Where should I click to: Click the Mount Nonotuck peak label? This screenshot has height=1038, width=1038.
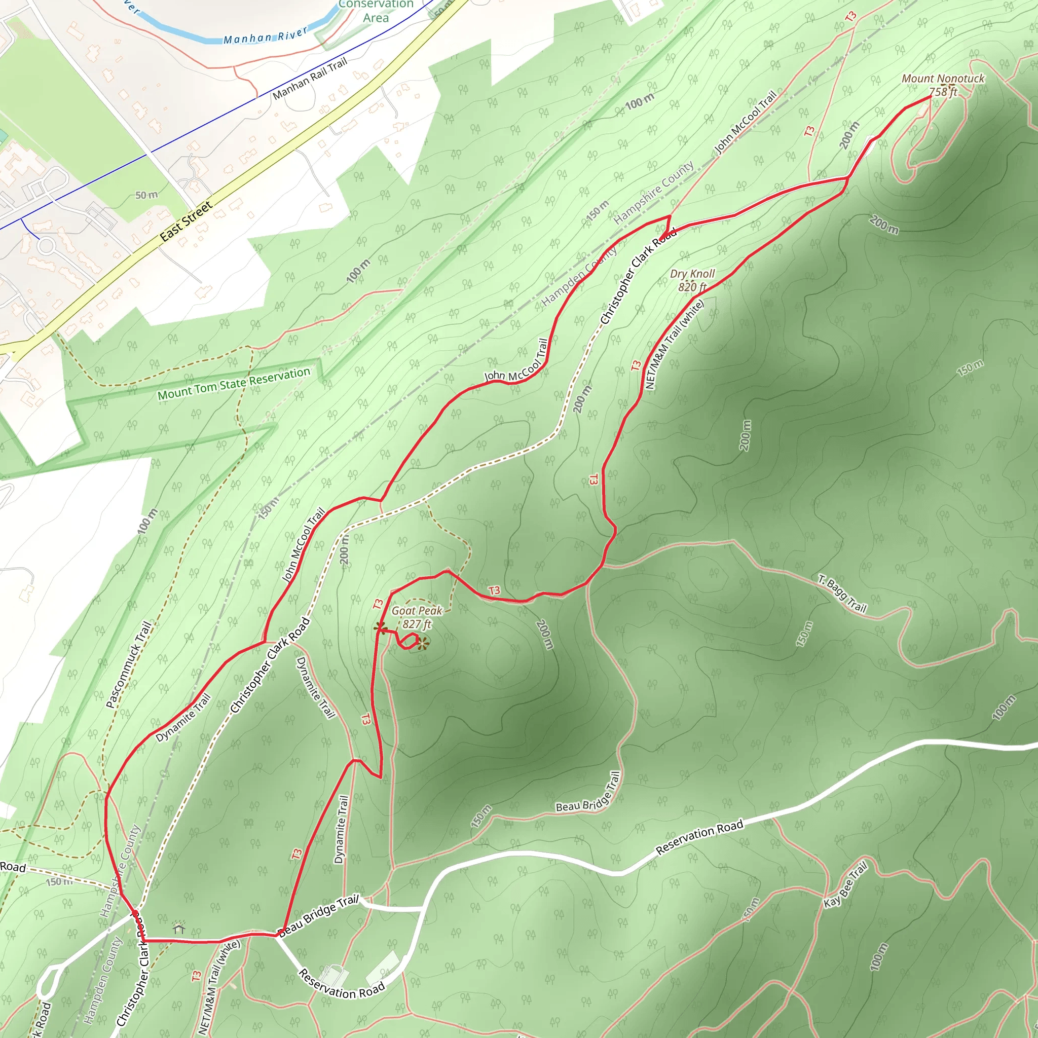click(x=943, y=79)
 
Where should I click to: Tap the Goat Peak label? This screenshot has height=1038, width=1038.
click(x=417, y=611)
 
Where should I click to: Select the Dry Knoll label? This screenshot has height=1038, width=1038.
click(x=692, y=274)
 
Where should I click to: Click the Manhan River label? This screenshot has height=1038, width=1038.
click(x=266, y=35)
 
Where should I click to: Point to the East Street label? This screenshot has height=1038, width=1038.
click(x=186, y=221)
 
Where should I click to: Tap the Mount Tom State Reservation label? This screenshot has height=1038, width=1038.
click(x=234, y=384)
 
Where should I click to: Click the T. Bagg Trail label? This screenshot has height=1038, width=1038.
click(x=842, y=594)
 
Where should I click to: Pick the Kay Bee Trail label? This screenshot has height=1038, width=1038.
click(x=846, y=885)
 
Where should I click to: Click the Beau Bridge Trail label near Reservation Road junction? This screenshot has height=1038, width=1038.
click(x=319, y=915)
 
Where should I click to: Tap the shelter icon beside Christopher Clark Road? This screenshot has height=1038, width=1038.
click(x=179, y=929)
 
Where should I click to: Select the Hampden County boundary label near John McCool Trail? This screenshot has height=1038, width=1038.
click(x=580, y=276)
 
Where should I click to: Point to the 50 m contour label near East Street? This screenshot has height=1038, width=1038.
click(x=146, y=195)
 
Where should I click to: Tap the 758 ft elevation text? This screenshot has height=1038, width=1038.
click(x=943, y=92)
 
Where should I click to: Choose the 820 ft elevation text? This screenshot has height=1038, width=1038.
click(x=692, y=287)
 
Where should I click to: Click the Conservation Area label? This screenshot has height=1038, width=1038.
click(x=376, y=11)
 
